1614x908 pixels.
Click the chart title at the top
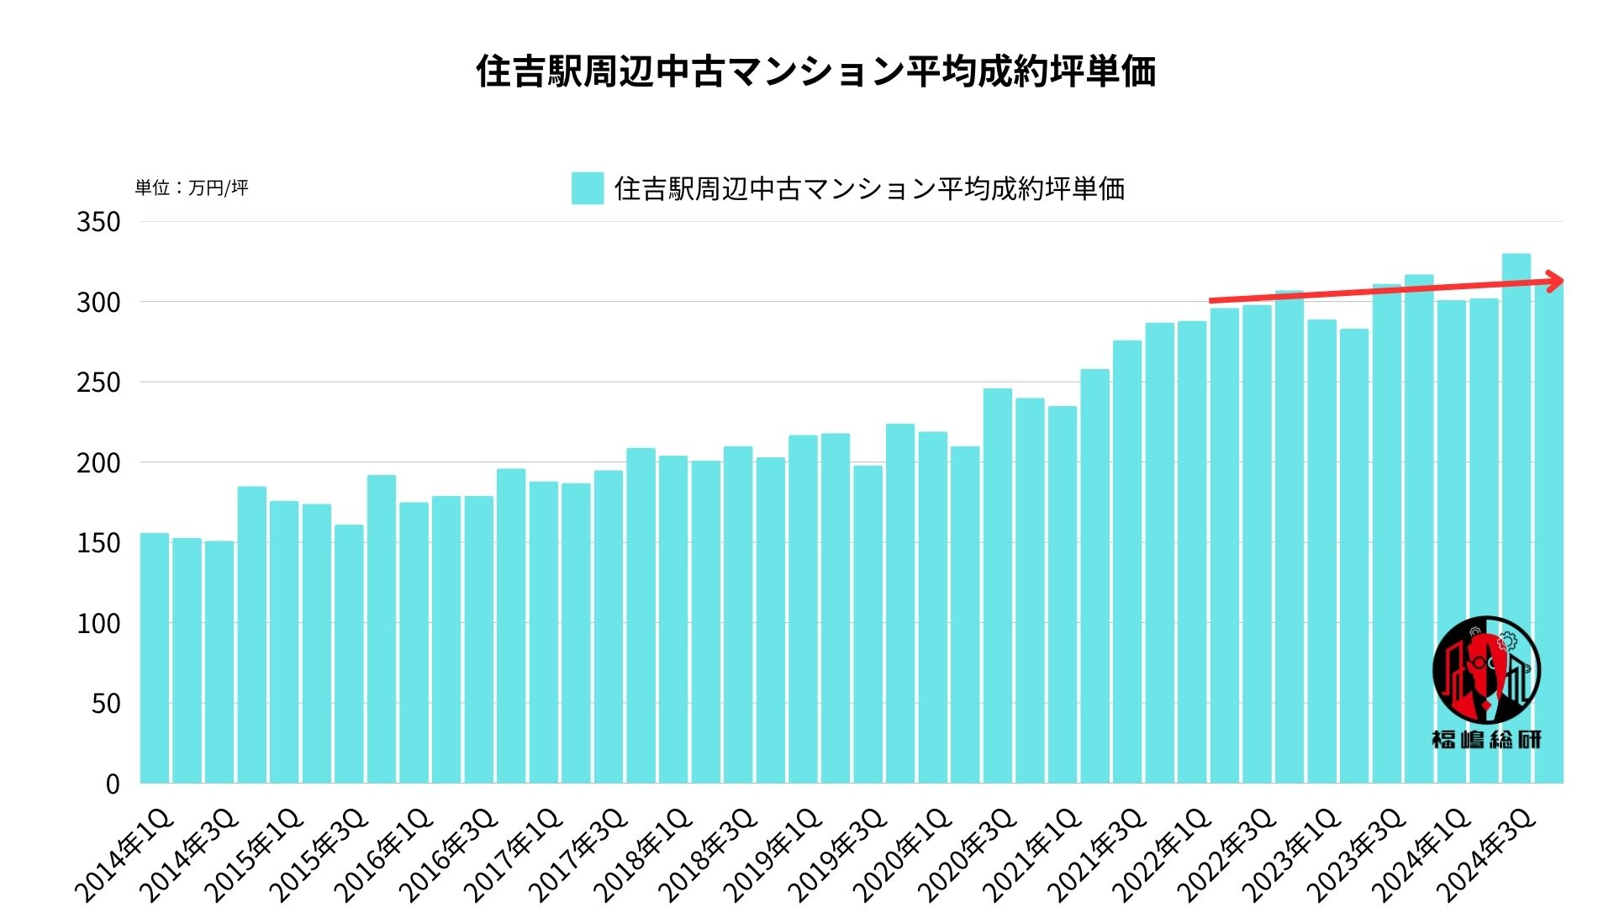pos(815,71)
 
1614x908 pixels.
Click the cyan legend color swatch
pos(587,188)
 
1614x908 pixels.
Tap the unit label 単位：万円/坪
pos(192,187)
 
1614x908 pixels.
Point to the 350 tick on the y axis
pos(98,222)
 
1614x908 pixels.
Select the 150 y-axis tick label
pos(98,543)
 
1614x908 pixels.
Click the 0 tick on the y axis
pos(113,784)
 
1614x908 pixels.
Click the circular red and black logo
pos(1486,670)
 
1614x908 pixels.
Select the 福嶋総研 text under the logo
pos(1486,739)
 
